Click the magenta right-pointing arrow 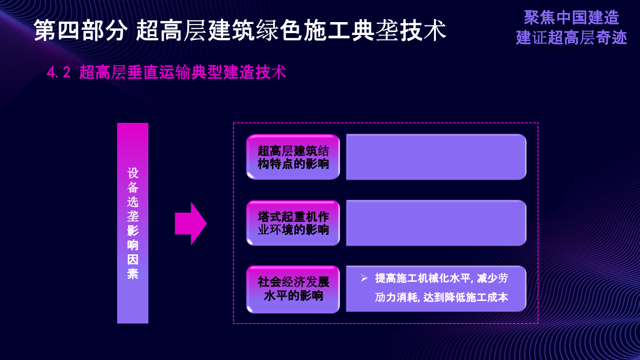click(191, 224)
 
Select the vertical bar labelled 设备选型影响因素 click(133, 223)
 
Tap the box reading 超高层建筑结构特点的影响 click(293, 157)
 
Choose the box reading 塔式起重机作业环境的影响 click(293, 223)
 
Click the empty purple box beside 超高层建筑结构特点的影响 click(436, 157)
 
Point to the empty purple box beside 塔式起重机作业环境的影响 click(436, 223)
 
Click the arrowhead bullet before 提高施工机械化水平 click(364, 278)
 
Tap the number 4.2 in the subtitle click(59, 73)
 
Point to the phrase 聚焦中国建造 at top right click(571, 18)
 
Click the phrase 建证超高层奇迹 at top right click(571, 37)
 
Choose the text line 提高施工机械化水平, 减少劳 click(441, 278)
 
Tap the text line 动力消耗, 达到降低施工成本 click(441, 298)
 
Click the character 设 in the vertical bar click(133, 173)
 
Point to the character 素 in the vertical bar click(133, 274)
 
